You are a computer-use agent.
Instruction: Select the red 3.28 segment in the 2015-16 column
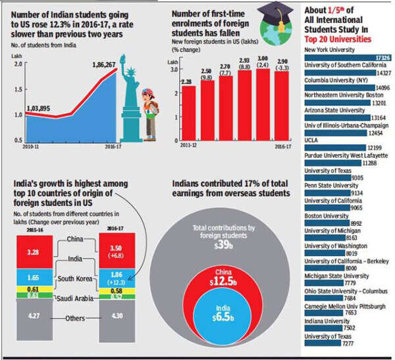(x=41, y=251)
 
